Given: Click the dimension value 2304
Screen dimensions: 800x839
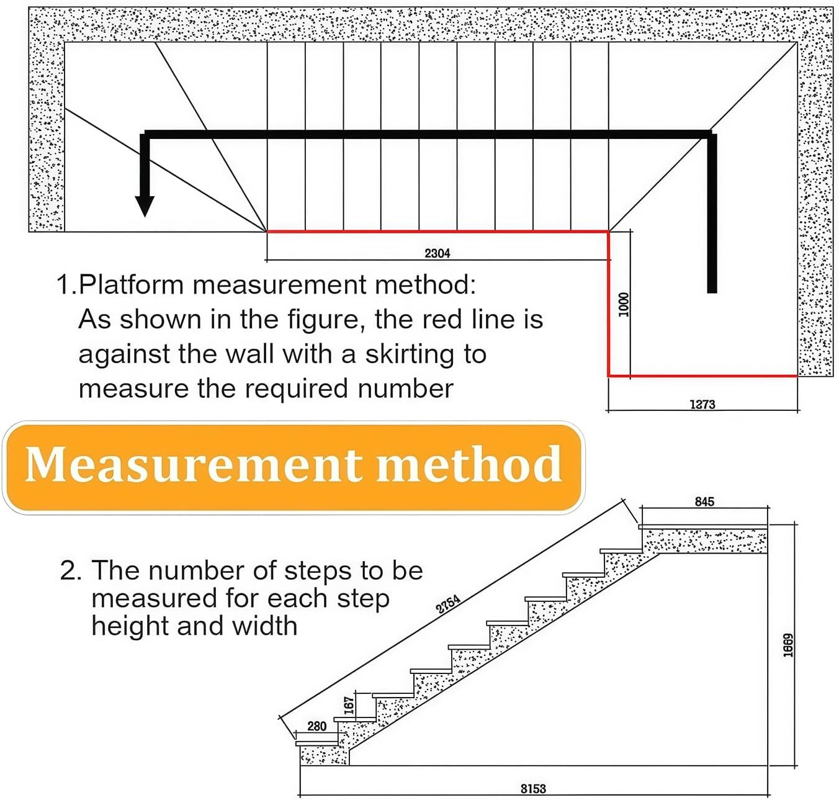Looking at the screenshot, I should tap(437, 253).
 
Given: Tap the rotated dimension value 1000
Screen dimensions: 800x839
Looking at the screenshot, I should tap(624, 304).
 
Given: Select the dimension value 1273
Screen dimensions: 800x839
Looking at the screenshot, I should tap(702, 404).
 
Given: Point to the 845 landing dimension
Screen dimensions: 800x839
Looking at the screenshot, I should tap(704, 501).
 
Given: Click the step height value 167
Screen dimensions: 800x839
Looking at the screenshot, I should tap(349, 704).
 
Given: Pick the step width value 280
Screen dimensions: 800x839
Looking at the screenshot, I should tap(316, 726).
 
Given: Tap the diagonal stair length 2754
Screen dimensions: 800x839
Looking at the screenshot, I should tap(448, 604).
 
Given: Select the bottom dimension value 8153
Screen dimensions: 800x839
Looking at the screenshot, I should tap(533, 788).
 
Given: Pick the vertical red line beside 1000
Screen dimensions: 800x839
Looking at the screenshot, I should tap(609, 304).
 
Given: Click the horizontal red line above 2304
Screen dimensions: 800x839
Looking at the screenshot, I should tap(437, 231).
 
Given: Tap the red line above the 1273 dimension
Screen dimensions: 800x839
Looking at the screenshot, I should tap(702, 375).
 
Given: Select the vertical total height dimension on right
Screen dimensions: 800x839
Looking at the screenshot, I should tap(787, 645).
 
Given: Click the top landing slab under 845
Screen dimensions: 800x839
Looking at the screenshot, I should tap(704, 540).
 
